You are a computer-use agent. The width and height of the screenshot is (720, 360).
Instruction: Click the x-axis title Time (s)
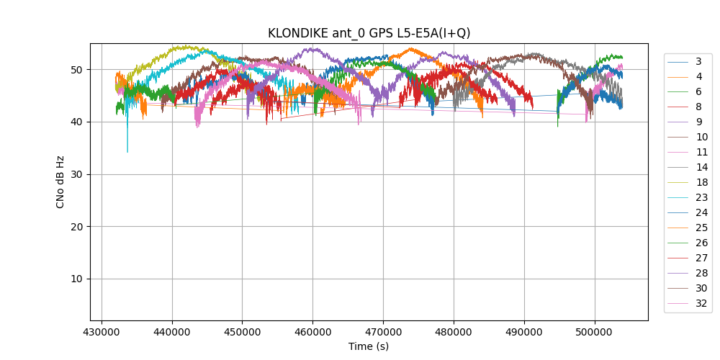point(369,346)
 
